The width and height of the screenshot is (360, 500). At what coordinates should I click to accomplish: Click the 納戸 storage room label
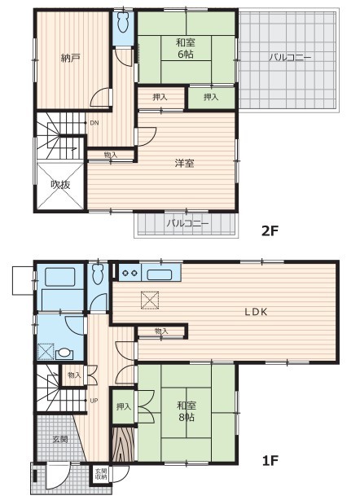(x=70, y=58)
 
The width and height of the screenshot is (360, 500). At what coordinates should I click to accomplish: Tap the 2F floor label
(x=270, y=230)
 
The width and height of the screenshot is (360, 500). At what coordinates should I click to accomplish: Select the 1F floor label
(x=270, y=460)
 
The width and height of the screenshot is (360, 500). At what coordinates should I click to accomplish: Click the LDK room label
(x=256, y=312)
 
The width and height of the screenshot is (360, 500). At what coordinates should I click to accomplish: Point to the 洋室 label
(x=184, y=163)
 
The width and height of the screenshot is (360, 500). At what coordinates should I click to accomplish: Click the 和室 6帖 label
(x=186, y=48)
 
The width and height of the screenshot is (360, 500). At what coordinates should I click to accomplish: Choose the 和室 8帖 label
(x=187, y=411)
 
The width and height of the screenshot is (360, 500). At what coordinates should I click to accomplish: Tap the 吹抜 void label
(x=60, y=185)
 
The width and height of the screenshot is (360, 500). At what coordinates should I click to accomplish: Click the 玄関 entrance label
(x=60, y=439)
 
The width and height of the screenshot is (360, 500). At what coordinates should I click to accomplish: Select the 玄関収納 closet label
(x=102, y=474)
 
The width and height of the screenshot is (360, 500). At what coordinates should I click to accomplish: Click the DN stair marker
(x=94, y=123)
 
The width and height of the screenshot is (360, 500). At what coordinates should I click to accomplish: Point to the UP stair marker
(x=94, y=401)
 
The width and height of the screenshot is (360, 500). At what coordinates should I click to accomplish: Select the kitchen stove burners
(x=130, y=273)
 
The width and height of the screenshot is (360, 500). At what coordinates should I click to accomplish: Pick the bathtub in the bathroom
(x=60, y=277)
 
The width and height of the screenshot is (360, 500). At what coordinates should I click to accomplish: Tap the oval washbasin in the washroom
(x=64, y=353)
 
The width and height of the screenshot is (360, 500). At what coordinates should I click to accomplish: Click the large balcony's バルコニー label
(x=289, y=58)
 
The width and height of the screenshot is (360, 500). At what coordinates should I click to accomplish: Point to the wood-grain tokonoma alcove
(x=124, y=443)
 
